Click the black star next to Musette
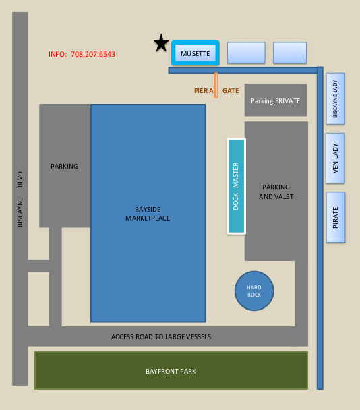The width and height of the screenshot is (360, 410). point(161,43)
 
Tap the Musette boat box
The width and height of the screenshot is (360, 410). point(196,53)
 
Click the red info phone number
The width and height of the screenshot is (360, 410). point(82,54)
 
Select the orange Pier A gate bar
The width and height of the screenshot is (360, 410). point(216,86)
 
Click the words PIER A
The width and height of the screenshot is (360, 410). point(204,91)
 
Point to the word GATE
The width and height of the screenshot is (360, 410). point(231,91)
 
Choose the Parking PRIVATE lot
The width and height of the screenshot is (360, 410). point(276,100)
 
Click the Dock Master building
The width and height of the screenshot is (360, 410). point(237,186)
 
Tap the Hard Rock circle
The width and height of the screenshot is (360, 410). point(254,291)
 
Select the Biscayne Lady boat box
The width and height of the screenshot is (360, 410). point(336,98)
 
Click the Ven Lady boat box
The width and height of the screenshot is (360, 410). point(335,158)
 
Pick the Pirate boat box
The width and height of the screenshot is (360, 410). point(336,217)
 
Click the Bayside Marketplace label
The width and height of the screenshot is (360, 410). point(148,214)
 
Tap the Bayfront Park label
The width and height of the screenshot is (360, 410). point(171,372)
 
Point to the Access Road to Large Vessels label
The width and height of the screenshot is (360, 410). point(161,336)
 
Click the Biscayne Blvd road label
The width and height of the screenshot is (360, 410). point(20,199)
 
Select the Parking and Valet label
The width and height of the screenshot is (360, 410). point(276,192)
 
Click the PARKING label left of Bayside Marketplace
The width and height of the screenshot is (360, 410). point(64,167)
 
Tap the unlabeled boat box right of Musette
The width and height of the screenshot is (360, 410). point(246,53)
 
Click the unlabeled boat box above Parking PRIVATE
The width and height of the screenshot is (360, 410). point(290,53)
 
